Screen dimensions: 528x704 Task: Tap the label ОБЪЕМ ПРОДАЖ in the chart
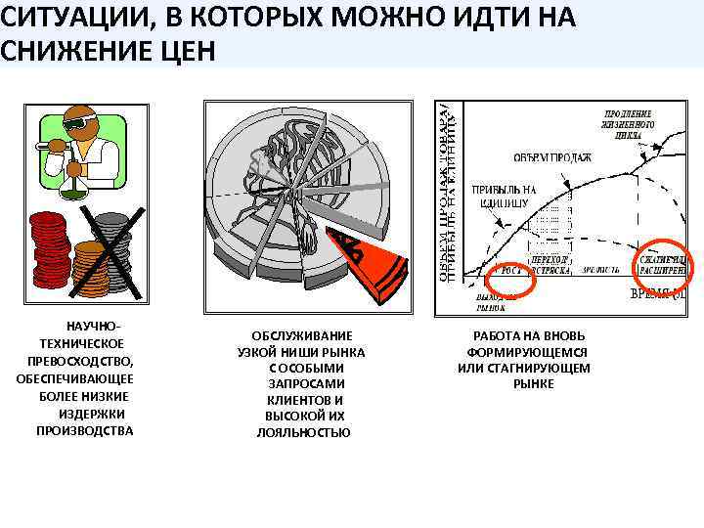(x=553, y=157)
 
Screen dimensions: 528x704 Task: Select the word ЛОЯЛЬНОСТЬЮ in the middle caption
(x=304, y=432)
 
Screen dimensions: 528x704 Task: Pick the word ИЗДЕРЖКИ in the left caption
(x=87, y=414)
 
